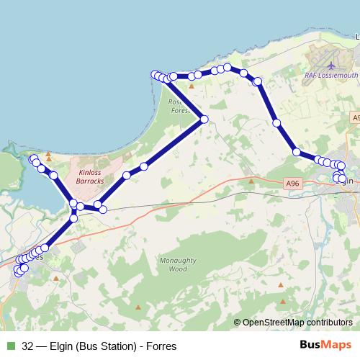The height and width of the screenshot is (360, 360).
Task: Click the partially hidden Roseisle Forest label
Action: [178, 107]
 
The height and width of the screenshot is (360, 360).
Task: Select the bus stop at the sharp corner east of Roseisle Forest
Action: [204, 119]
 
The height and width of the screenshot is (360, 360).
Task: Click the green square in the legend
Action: [10, 346]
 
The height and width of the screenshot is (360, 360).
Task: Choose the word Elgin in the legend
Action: [63, 346]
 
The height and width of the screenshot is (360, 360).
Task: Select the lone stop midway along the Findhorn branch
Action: [53, 175]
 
